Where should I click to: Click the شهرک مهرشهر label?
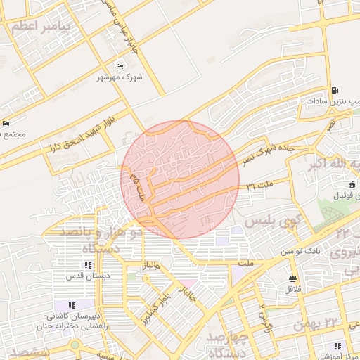[122, 77]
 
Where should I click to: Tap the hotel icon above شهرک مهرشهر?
[120, 67]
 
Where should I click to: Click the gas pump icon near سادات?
[334, 91]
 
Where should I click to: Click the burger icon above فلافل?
[292, 278]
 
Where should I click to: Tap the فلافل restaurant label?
[293, 288]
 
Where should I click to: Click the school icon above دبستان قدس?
[87, 266]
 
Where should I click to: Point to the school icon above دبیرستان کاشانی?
[72, 305]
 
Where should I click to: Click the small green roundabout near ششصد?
[75, 345]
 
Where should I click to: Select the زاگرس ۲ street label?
[266, 314]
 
